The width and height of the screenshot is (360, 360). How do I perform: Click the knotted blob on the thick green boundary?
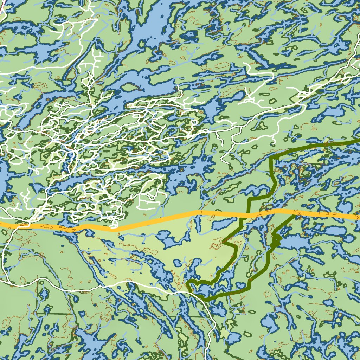[x=276, y=240]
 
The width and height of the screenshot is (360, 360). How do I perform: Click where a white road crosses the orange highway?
[x=26, y=224]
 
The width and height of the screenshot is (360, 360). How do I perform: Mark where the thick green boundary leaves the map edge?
[x=358, y=141]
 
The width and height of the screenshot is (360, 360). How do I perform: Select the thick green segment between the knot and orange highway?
[x=285, y=225]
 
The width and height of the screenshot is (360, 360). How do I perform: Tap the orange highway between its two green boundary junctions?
[x=272, y=212]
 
